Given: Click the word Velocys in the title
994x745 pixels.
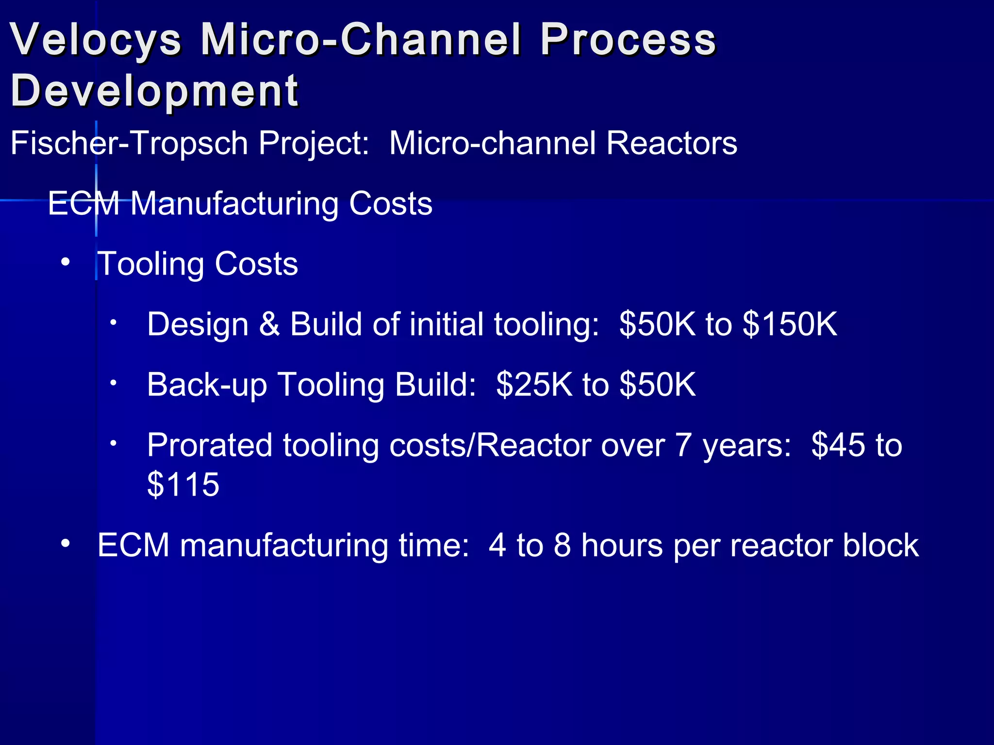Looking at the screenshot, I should coord(96,40).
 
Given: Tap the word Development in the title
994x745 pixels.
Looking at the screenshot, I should coord(154,91).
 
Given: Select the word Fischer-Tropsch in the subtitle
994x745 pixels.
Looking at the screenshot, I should coord(129,144).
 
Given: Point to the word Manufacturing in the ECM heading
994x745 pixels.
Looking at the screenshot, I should coord(234,204).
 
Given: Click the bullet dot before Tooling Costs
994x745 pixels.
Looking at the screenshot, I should coord(66,263).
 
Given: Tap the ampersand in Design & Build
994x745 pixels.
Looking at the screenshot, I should coord(269,324).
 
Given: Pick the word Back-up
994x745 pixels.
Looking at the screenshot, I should coord(207,385).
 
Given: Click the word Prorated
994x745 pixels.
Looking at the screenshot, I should coord(209,445).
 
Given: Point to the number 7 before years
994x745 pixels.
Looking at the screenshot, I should coord(683,445).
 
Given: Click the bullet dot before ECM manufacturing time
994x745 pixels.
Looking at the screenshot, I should coord(66,544).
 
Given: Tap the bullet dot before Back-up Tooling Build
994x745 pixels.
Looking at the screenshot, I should coord(113,383).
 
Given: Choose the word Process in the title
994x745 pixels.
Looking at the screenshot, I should coord(628,40).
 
